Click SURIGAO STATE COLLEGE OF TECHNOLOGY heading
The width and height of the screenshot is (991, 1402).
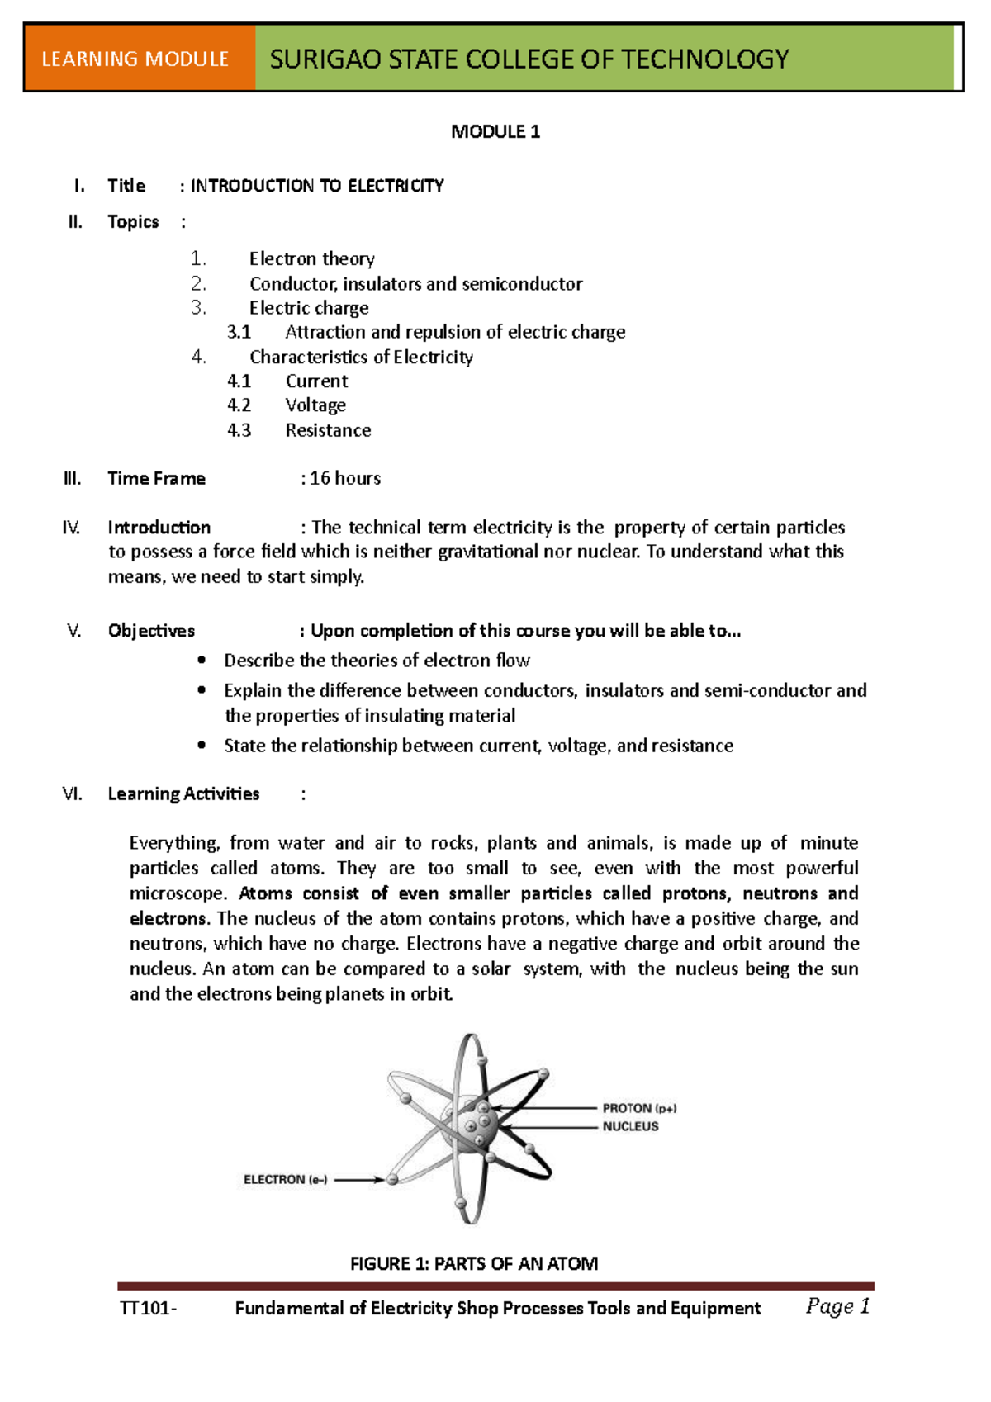coord(529,59)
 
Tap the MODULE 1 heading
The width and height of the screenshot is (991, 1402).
coord(495,131)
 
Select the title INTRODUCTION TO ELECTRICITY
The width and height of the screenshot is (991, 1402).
coord(317,186)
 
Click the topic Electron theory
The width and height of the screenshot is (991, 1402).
coord(312,259)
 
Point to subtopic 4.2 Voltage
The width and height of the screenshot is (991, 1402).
coord(315,405)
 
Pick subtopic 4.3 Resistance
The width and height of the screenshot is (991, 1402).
coord(328,430)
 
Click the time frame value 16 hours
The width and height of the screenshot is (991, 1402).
coord(344,478)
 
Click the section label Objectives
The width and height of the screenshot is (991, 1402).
coord(151,631)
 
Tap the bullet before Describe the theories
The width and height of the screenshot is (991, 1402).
coord(202,660)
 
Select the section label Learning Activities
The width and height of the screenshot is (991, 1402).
coord(183,793)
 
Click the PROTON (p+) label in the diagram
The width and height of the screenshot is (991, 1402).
coord(639,1108)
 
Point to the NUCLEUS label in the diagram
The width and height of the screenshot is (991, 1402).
coord(630,1126)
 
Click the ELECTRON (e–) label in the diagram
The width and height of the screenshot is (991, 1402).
coord(285,1180)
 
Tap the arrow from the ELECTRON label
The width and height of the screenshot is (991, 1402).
coord(358,1180)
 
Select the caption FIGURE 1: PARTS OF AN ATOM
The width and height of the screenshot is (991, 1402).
coord(474,1263)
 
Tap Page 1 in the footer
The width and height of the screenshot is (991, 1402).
coord(837,1306)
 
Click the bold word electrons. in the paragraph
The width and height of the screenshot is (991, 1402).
coord(168,918)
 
